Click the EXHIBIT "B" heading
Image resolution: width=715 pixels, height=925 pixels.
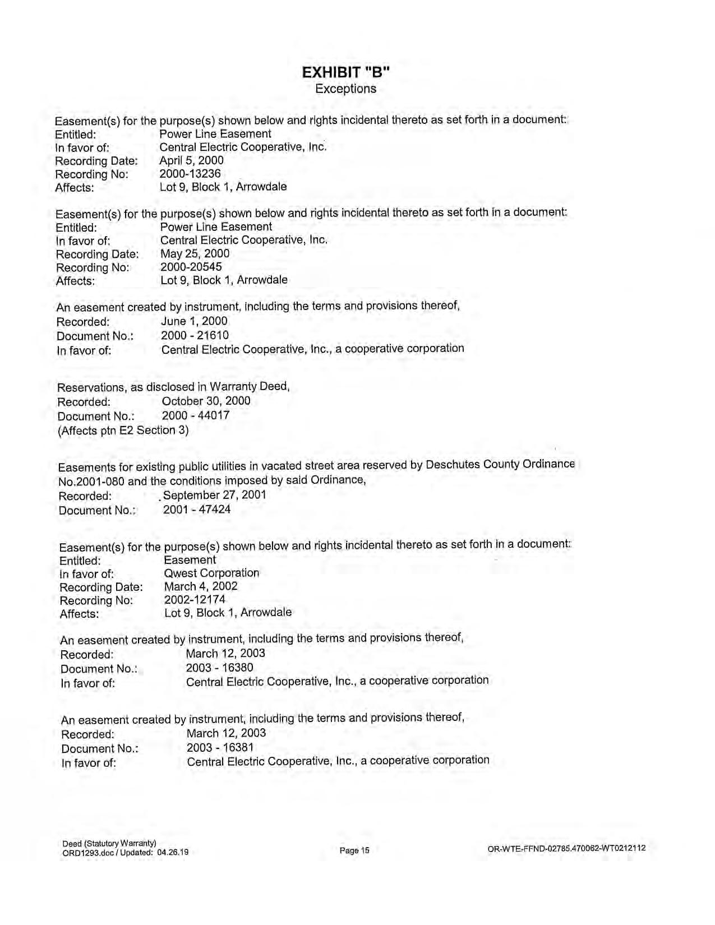click(x=345, y=72)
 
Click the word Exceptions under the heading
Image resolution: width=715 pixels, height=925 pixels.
click(x=345, y=89)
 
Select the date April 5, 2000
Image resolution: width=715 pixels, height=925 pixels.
click(x=191, y=160)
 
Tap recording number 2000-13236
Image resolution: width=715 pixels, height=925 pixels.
click(x=190, y=174)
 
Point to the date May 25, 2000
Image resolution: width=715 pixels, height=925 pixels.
click(x=195, y=253)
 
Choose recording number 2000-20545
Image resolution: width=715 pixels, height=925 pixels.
click(x=191, y=267)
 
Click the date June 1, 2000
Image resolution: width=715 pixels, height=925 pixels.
click(x=194, y=321)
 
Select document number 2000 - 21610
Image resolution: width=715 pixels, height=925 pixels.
click(x=195, y=335)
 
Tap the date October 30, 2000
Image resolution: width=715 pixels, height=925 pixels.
click(x=206, y=401)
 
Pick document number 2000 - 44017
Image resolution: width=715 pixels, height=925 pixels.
click(x=196, y=415)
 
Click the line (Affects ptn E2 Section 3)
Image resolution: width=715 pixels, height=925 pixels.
click(x=123, y=430)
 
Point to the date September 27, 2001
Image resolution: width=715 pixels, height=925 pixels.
click(x=214, y=495)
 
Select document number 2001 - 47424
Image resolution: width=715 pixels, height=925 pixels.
click(x=197, y=510)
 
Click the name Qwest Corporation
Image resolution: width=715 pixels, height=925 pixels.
click(x=211, y=573)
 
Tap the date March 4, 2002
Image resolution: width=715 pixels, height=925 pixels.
click(x=201, y=586)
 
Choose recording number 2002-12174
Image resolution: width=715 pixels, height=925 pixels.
click(x=195, y=599)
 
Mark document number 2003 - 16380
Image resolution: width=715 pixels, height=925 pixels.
click(x=219, y=668)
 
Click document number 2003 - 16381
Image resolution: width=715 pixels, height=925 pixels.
click(x=220, y=747)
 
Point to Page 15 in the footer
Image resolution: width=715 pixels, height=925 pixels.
click(x=354, y=850)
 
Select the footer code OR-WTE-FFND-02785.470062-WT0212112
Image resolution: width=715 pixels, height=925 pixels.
click(x=566, y=848)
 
